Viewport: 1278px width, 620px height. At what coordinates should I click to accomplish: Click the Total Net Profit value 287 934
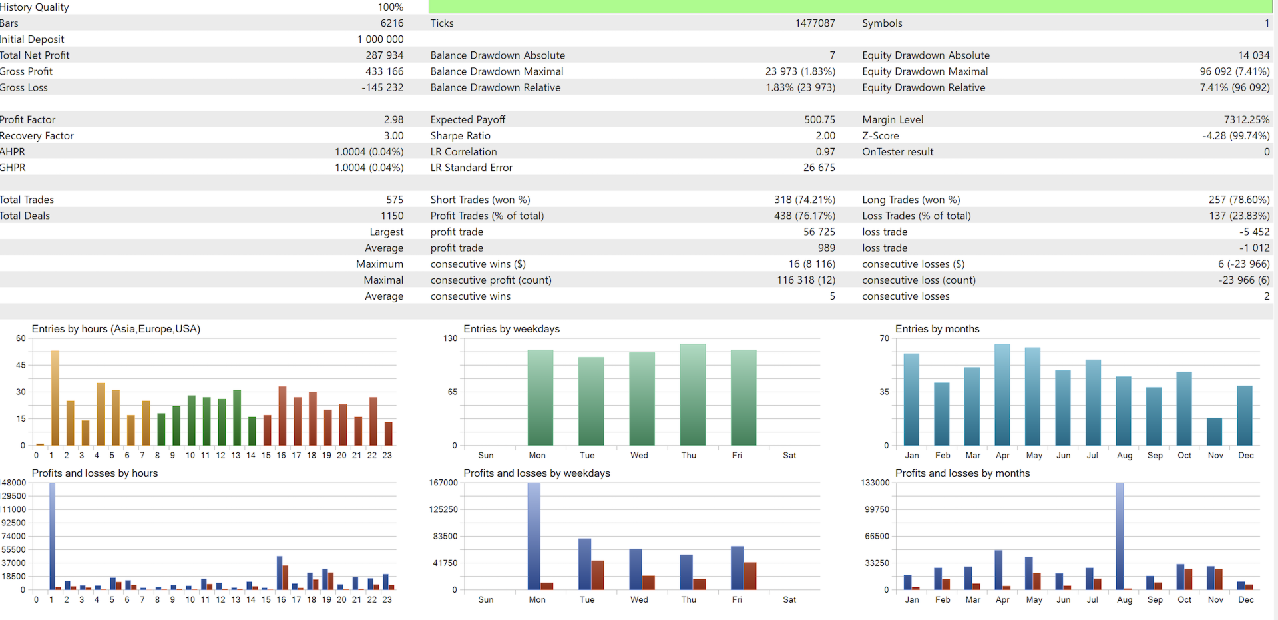tap(384, 55)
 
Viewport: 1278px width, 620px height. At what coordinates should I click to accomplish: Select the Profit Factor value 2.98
tap(393, 119)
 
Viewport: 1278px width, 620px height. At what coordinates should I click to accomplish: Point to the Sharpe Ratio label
tap(460, 135)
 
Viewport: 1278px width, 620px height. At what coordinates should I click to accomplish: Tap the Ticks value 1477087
tap(815, 23)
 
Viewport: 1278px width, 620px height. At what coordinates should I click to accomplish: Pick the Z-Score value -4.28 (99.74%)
tap(1235, 135)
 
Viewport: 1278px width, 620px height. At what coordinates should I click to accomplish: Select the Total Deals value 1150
tap(391, 216)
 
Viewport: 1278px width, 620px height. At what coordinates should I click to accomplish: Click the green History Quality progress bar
tap(850, 7)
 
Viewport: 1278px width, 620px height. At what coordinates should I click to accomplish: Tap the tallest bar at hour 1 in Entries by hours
tap(55, 398)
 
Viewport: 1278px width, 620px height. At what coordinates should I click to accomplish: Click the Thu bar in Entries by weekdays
tap(692, 394)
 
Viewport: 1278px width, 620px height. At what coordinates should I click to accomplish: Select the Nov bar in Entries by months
tap(1215, 432)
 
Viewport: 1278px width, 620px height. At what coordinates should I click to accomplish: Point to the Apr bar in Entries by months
tap(1002, 394)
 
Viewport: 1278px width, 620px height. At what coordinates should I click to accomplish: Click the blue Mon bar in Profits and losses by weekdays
tap(534, 536)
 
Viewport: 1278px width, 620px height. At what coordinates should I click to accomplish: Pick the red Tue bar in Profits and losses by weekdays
tap(598, 575)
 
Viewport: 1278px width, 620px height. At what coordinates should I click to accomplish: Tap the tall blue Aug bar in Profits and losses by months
tap(1120, 536)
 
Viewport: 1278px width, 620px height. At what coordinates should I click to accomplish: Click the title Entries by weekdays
tap(511, 329)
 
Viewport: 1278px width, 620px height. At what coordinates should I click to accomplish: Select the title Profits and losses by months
tap(962, 473)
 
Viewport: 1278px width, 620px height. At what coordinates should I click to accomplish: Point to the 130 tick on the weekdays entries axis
tap(451, 338)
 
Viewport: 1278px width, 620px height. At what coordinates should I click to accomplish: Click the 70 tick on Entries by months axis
tap(884, 338)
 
